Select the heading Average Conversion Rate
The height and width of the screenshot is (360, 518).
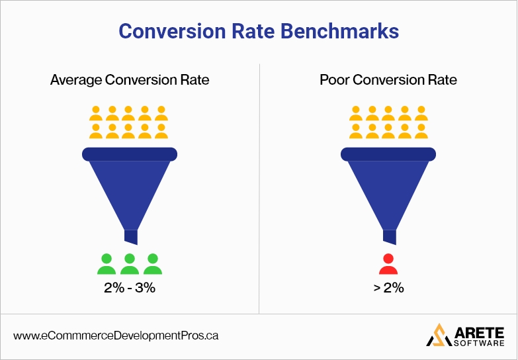(130, 80)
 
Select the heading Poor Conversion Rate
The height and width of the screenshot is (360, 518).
(388, 80)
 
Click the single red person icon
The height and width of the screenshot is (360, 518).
(388, 264)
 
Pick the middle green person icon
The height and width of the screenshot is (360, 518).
(130, 264)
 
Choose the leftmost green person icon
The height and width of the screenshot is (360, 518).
(107, 264)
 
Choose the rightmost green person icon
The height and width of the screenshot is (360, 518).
(153, 264)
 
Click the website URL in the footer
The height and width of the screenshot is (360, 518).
(116, 336)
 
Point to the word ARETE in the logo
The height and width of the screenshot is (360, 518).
(477, 330)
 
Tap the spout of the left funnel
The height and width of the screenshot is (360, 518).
(130, 238)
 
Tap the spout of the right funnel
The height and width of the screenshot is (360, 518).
(389, 238)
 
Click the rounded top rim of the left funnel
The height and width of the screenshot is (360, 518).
(130, 154)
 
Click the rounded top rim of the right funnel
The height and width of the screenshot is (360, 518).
(388, 154)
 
